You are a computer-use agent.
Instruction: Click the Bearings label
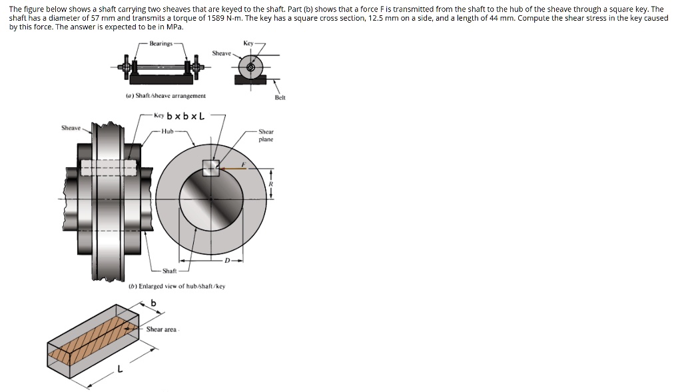161,43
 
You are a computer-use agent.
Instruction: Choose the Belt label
280,97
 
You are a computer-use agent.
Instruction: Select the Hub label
167,131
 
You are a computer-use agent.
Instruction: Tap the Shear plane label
266,135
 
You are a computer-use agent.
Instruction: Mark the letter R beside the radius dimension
270,183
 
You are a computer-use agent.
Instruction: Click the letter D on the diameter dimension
227,260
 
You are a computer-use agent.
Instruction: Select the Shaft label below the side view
170,271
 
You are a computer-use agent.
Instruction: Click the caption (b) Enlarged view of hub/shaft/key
176,286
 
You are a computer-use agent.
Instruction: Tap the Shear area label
161,329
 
